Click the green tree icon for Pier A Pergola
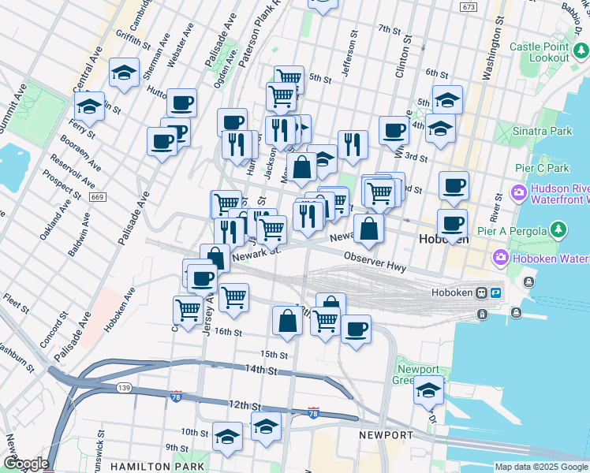coord(558,229)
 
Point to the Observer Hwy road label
coord(375,263)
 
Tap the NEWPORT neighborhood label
coord(386,435)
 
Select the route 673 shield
coord(469,7)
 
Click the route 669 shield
coord(98,196)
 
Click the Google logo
coord(25,464)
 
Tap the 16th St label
coord(226,333)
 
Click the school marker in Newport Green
coord(428,389)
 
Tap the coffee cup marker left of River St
coord(454,185)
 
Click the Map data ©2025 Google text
coord(541,467)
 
